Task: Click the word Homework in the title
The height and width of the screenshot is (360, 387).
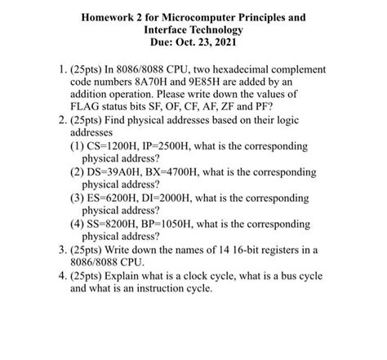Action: pos(108,15)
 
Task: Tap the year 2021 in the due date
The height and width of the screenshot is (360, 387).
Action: pos(229,41)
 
